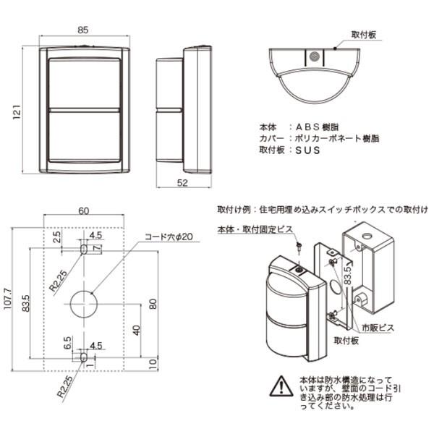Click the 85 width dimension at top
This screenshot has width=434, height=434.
click(x=82, y=30)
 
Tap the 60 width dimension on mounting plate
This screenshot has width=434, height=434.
click(x=84, y=210)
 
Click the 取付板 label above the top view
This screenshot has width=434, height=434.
click(x=363, y=35)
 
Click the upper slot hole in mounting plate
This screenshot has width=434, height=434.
click(x=83, y=248)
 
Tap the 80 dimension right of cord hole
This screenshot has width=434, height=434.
click(x=152, y=302)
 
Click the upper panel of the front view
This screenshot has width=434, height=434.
click(x=84, y=80)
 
